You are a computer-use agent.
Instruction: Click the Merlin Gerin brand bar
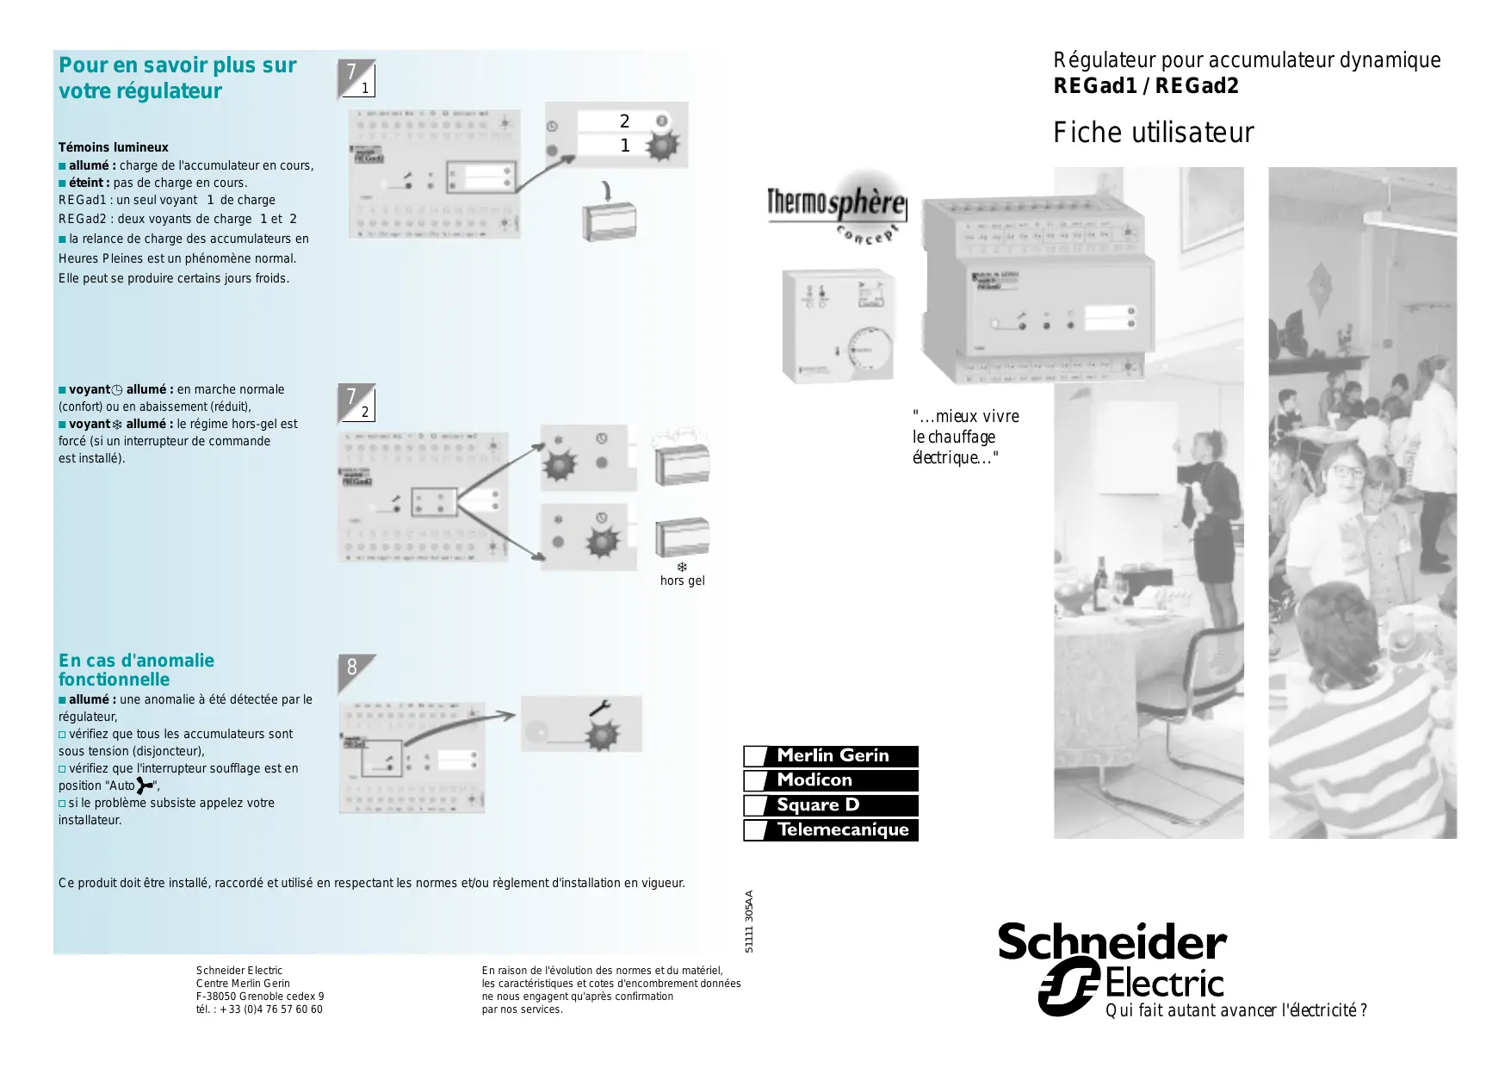831,756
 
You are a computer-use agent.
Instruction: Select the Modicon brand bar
831,780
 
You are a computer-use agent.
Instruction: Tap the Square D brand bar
831,805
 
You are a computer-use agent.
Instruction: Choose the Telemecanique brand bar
831,830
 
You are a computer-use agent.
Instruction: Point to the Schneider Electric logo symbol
1068,988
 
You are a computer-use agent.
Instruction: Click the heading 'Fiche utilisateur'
1153,133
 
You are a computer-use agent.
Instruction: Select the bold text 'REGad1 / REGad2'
1145,86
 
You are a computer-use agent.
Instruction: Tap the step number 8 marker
353,668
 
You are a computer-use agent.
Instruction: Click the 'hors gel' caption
682,581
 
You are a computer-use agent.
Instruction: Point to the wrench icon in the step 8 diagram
600,709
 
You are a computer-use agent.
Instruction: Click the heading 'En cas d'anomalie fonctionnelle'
136,669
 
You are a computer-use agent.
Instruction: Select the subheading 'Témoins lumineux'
114,147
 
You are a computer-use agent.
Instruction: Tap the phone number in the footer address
259,1009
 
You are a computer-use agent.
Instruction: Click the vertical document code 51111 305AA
749,922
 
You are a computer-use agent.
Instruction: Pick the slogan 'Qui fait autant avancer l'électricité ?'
1235,1010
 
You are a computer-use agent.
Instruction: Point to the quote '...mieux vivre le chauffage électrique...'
964,437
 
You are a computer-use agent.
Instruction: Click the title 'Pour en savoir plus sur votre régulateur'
177,78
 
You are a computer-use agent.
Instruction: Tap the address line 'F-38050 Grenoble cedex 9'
260,997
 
